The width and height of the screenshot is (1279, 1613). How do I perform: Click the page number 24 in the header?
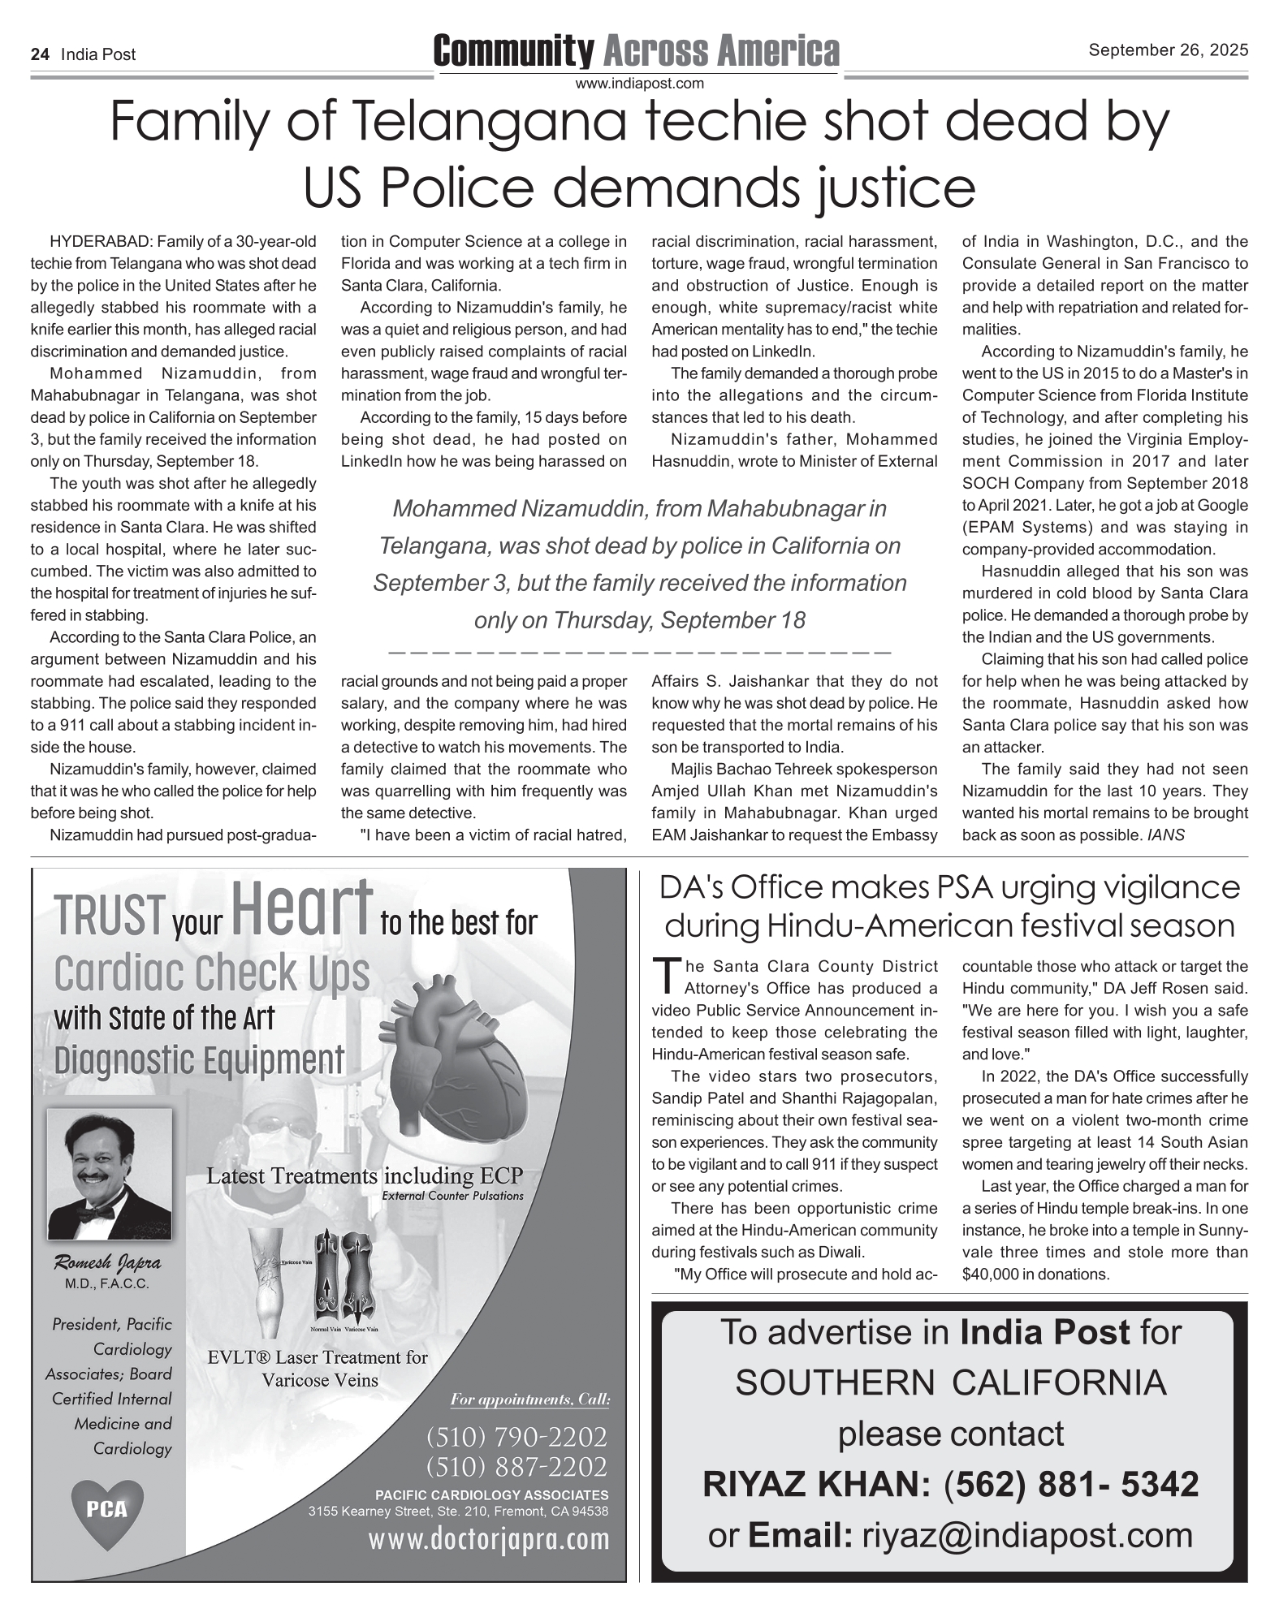[40, 54]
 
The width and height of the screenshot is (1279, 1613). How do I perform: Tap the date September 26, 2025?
[1168, 50]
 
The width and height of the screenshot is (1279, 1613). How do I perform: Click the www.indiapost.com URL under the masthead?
[639, 83]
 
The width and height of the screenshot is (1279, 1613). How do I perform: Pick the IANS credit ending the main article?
[1166, 835]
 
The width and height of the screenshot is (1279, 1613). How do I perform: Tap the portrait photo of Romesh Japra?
[110, 1173]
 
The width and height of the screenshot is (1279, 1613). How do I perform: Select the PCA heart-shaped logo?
[108, 1508]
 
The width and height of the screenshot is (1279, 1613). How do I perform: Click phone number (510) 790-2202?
[516, 1436]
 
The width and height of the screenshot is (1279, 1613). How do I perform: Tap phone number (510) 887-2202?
[516, 1466]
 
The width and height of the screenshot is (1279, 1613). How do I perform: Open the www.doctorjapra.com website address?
[489, 1538]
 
